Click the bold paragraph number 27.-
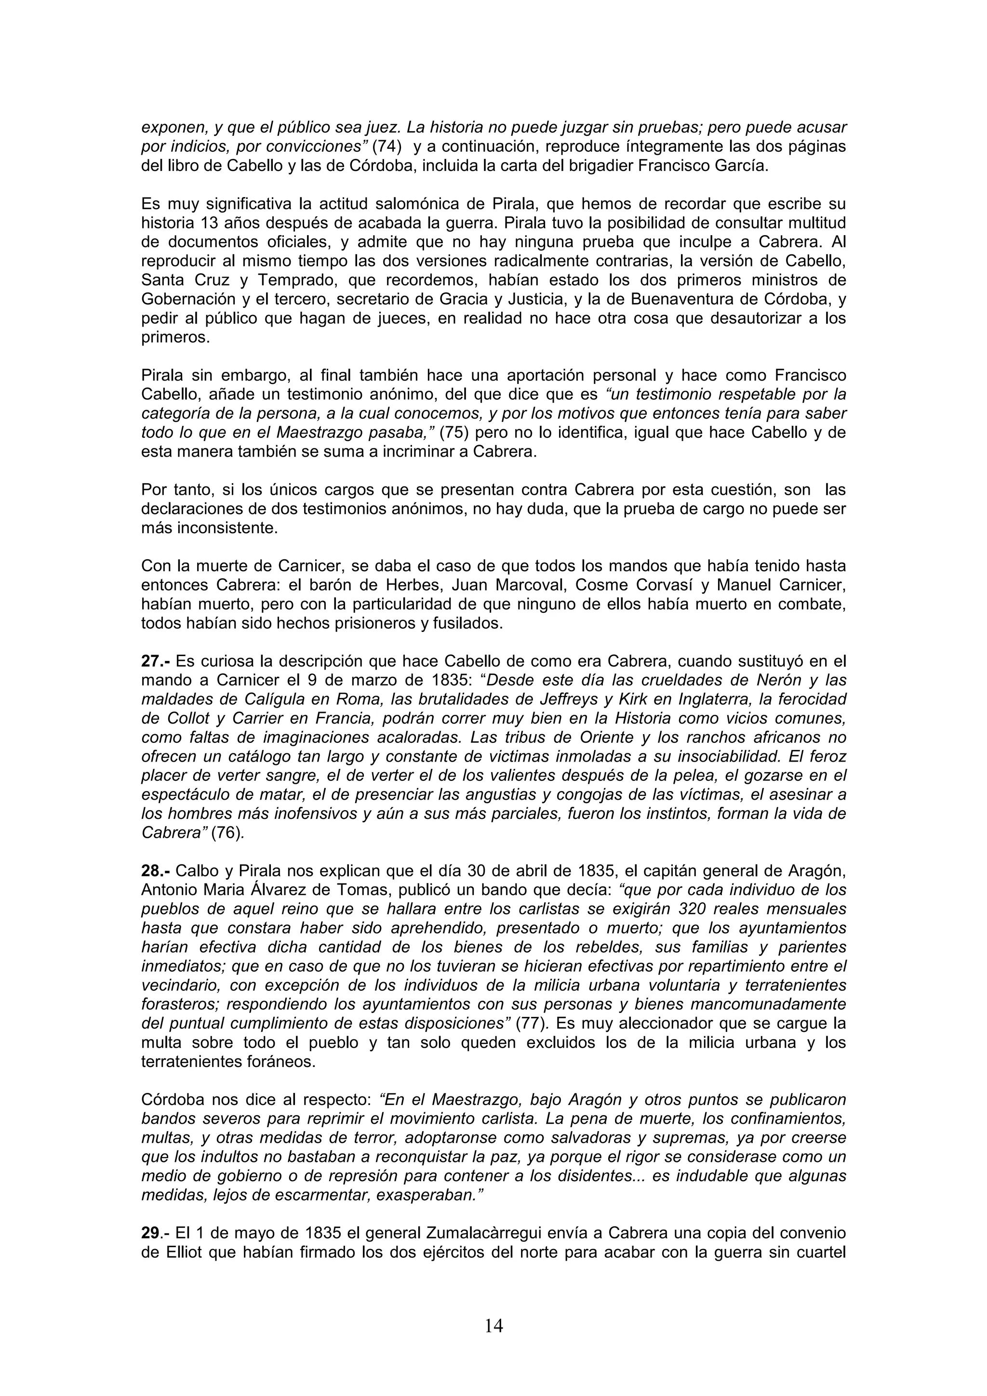155,661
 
